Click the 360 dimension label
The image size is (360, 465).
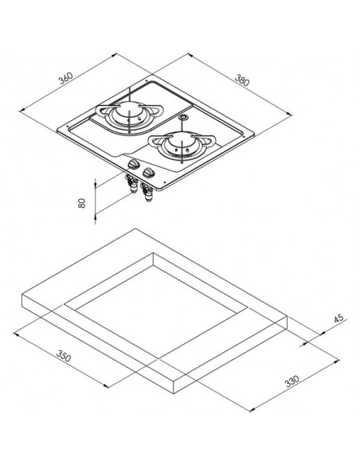tap(65, 78)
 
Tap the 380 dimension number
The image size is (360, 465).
tap(242, 80)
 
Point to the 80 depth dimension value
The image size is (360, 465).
tap(82, 203)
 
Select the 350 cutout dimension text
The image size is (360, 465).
tap(64, 356)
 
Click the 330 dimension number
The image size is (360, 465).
tap(292, 381)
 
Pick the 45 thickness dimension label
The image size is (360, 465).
tap(338, 318)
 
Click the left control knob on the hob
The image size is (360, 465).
tap(133, 164)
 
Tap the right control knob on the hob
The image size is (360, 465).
tap(147, 173)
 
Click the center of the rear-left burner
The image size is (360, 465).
tap(129, 112)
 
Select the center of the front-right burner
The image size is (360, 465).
tap(181, 145)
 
